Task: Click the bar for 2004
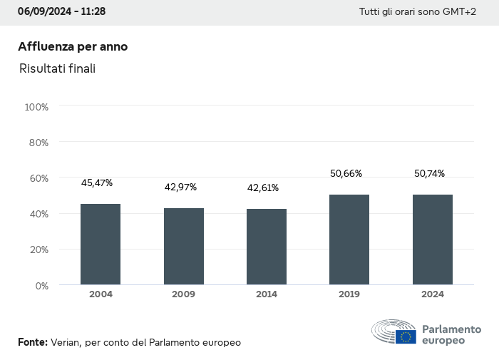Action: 101,245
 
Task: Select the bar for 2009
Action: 184,247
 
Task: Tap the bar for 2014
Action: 267,247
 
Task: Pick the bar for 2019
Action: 349,240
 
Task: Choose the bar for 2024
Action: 433,240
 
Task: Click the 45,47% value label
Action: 97,183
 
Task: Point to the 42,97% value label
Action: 180,187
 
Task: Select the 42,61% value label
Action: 263,188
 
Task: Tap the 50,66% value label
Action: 346,173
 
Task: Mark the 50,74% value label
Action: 429,173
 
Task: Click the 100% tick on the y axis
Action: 36,107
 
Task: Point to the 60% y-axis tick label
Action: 38,178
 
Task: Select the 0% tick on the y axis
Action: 41,285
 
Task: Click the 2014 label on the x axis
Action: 267,294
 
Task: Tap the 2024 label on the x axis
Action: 433,294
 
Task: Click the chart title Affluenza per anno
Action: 73,46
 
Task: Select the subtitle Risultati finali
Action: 58,68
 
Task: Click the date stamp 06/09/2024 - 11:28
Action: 61,12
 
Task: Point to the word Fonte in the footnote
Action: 33,342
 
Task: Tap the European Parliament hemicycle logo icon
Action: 394,332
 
